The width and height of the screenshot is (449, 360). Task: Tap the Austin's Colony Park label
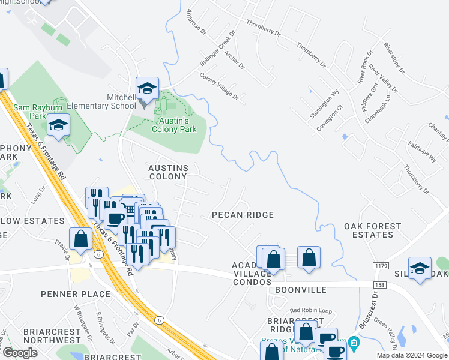(174, 124)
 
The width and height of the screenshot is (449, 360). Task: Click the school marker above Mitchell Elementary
(147, 89)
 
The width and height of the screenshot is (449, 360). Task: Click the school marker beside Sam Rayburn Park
(58, 125)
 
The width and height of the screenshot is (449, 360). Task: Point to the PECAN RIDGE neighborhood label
(243, 215)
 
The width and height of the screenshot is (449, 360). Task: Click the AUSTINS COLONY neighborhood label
(168, 172)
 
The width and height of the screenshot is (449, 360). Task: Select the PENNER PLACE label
(76, 294)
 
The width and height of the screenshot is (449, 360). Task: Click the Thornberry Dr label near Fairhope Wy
(417, 179)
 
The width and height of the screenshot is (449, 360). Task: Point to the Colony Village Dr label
(219, 87)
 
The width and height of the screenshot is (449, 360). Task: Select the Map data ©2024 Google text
(411, 355)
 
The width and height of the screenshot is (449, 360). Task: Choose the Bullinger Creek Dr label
(216, 49)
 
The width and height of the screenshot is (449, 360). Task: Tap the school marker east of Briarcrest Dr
(420, 268)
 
